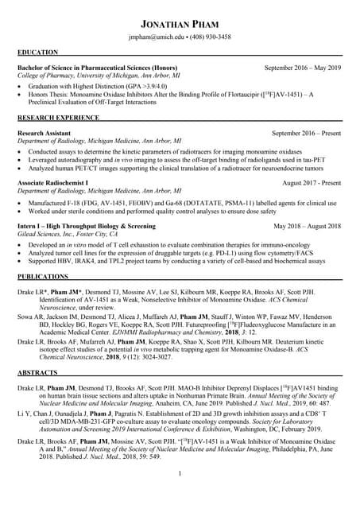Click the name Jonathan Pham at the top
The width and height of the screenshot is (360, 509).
(180, 23)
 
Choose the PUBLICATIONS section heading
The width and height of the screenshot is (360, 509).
(43, 276)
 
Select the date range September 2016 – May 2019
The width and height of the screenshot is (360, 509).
(302, 68)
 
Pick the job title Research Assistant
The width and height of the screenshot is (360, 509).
(45, 134)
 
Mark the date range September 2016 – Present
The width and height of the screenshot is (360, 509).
(306, 134)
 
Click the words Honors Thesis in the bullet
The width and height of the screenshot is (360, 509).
(49, 93)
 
